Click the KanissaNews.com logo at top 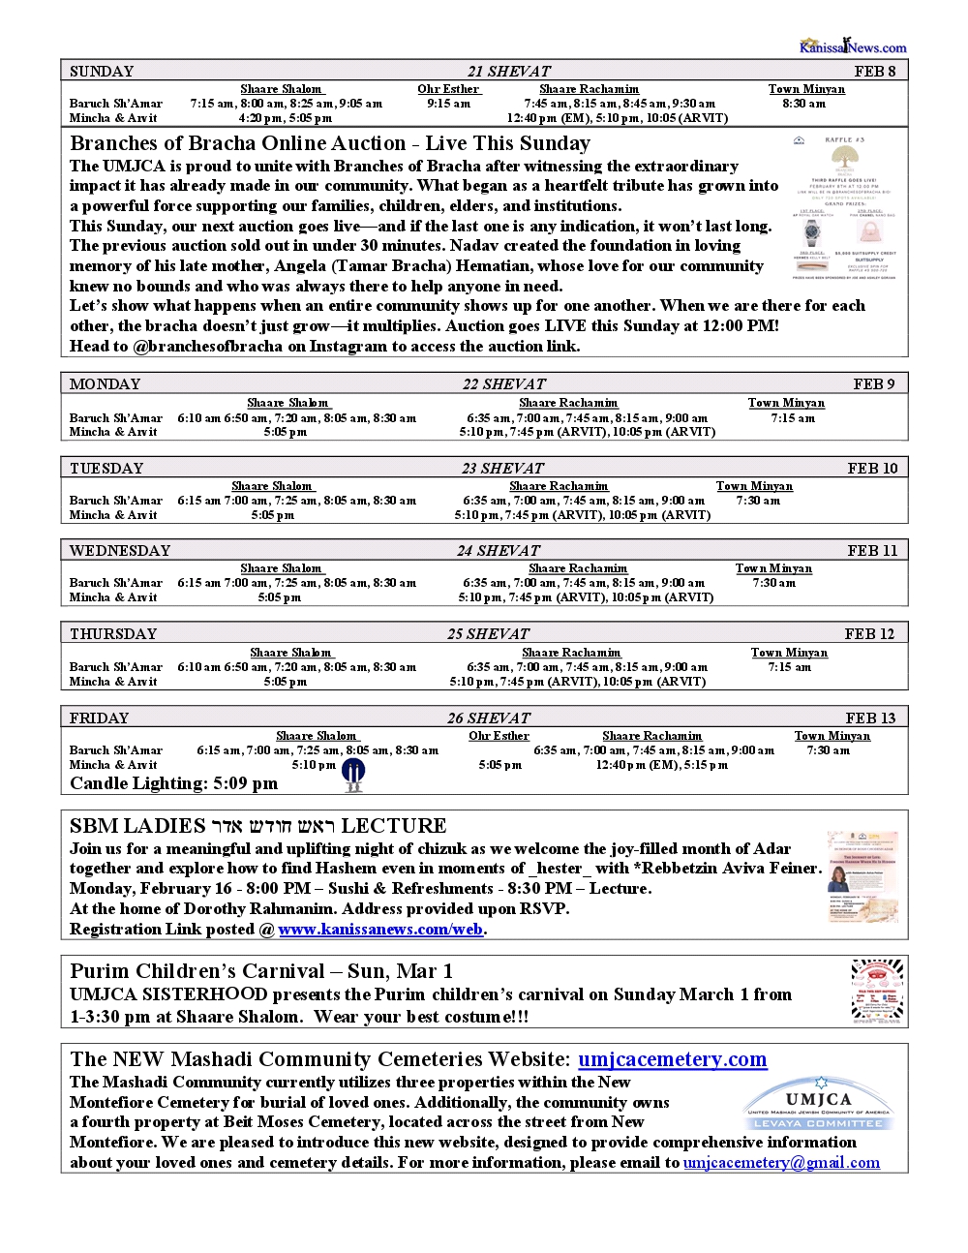[x=852, y=46]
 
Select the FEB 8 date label [x=874, y=71]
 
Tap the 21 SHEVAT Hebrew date [x=508, y=71]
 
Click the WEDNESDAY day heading [x=120, y=550]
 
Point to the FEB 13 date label [x=870, y=718]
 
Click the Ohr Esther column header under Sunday [x=448, y=89]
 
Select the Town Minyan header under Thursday [x=789, y=653]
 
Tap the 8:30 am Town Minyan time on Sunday [x=803, y=103]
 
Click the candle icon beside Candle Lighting [x=354, y=775]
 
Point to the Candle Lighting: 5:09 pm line [x=173, y=783]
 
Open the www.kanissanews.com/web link [x=380, y=930]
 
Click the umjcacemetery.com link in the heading [x=672, y=1059]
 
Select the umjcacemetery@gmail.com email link [x=781, y=1162]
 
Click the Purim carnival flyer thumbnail [x=877, y=990]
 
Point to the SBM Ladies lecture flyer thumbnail [x=862, y=875]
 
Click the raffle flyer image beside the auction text [x=845, y=208]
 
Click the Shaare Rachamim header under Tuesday [x=559, y=486]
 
